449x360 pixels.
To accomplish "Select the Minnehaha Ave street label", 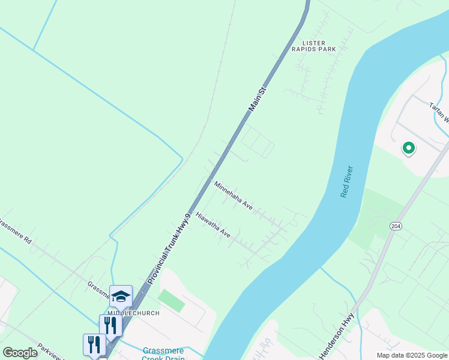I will pos(234,195).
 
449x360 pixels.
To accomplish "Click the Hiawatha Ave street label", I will pos(213,224).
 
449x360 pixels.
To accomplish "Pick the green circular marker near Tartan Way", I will pos(408,147).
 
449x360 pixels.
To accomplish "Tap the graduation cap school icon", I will pos(121,296).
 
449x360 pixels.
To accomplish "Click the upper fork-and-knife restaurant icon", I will pos(110,325).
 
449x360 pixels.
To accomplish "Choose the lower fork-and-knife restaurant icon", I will pos(94,344).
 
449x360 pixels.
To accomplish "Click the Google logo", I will pos(20,353).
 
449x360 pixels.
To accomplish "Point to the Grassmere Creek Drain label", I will pos(164,354).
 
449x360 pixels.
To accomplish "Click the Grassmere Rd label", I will pos(15,233).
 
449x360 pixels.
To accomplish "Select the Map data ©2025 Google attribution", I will pos(412,355).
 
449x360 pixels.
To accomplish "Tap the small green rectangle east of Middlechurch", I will pos(172,300).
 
